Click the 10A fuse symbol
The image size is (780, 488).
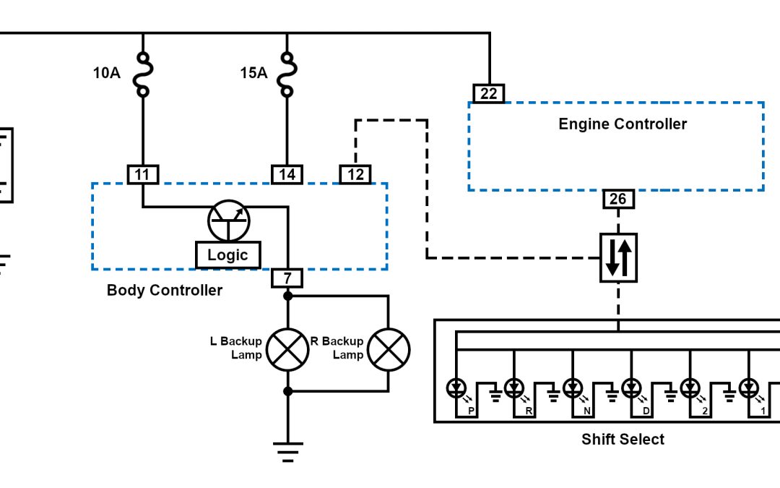point(142,73)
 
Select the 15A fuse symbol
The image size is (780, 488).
point(287,73)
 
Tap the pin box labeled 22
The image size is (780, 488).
point(489,94)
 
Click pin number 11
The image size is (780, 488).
point(142,174)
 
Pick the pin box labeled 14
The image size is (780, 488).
point(287,174)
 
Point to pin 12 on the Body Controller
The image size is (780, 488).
point(355,174)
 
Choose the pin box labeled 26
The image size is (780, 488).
point(619,200)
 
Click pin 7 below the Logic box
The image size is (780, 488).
point(287,278)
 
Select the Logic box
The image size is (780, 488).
point(227,254)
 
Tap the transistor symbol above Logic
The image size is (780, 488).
point(228,221)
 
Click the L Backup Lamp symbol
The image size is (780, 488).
point(287,350)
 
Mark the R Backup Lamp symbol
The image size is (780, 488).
point(389,350)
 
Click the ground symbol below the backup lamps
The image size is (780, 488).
point(287,452)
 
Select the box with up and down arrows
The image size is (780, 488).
point(619,258)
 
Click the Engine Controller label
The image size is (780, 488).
point(623,124)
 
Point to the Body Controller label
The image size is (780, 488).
point(165,291)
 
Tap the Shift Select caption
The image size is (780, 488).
point(623,439)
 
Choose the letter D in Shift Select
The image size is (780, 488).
point(646,411)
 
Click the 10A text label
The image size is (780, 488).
point(107,73)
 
